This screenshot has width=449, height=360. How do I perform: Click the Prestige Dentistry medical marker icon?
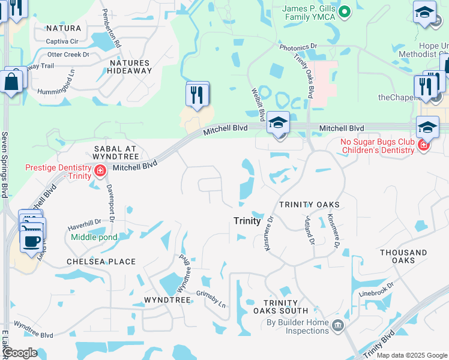click(x=100, y=173)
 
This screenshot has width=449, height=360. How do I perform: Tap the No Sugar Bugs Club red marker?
click(x=423, y=146)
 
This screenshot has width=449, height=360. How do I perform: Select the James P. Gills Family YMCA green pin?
click(x=345, y=11)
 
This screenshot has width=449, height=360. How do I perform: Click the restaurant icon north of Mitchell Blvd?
click(x=197, y=94)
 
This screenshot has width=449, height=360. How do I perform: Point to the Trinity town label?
click(x=247, y=221)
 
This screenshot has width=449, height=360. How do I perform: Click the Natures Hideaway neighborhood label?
click(x=130, y=67)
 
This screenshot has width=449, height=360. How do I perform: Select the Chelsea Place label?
click(x=101, y=262)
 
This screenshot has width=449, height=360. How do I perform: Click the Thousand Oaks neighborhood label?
click(x=403, y=257)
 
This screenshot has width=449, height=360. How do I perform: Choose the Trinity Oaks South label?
click(x=280, y=307)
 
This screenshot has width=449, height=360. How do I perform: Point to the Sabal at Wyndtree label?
click(x=116, y=152)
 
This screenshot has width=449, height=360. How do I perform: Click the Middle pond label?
click(x=94, y=237)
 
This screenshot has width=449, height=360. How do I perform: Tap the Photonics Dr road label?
click(x=298, y=46)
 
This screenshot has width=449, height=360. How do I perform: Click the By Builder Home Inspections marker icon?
click(x=338, y=325)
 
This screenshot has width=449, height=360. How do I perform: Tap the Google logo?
click(x=19, y=353)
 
